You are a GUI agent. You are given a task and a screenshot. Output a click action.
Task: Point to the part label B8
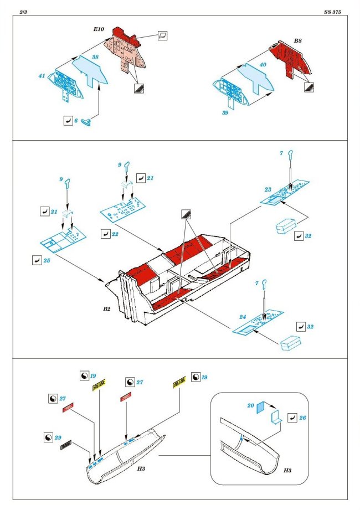298,41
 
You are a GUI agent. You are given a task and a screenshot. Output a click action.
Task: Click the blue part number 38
95,57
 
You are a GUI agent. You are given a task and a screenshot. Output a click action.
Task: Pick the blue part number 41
42,76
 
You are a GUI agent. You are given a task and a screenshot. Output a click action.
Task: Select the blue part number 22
115,234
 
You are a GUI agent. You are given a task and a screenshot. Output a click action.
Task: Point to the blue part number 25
47,259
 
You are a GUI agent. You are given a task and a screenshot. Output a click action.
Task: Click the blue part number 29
58,437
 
